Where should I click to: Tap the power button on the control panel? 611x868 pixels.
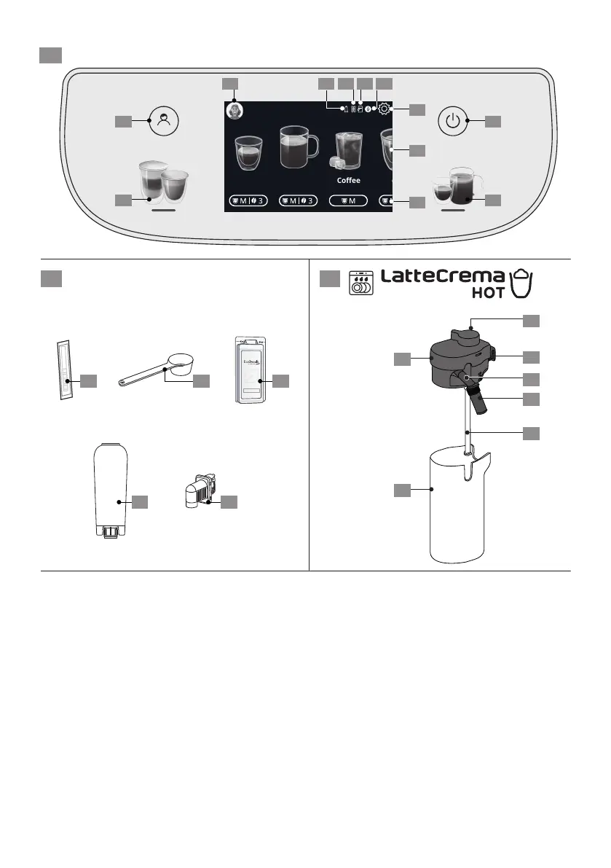click(453, 121)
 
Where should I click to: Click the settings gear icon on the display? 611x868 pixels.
click(384, 110)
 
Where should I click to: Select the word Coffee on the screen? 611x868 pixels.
click(348, 180)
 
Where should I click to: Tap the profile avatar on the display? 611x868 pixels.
click(234, 111)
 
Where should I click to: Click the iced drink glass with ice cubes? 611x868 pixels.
click(347, 152)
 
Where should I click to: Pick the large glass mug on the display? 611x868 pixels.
click(299, 143)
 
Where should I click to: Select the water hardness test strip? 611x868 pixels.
click(64, 370)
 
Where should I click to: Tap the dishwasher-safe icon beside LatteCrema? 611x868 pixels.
click(362, 283)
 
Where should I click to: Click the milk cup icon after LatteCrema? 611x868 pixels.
click(521, 283)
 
